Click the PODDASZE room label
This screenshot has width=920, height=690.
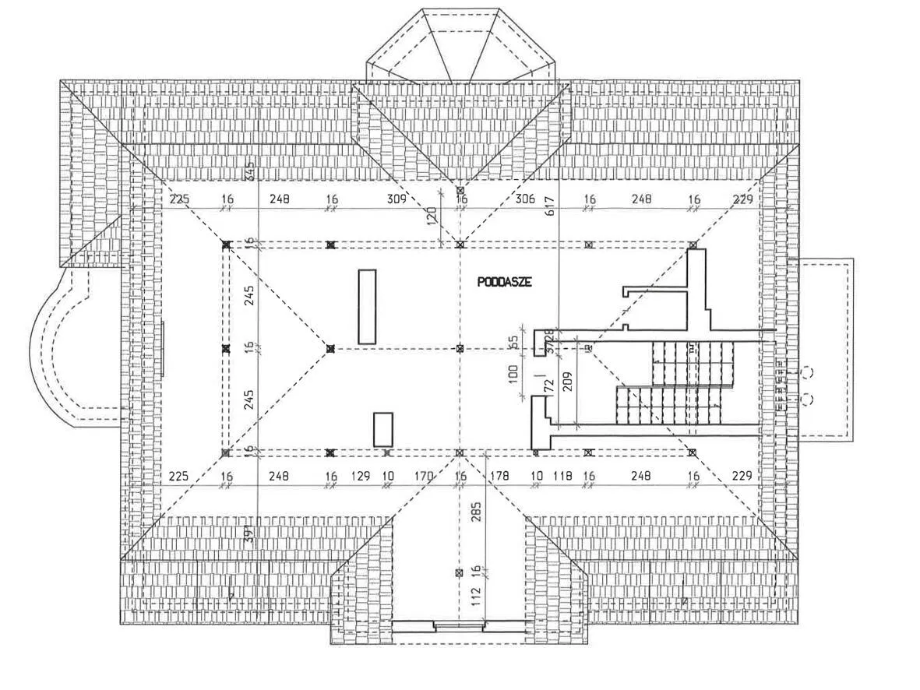(504, 283)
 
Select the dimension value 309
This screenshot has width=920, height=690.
(397, 199)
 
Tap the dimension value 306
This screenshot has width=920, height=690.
(526, 199)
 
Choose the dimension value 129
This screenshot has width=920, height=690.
(360, 476)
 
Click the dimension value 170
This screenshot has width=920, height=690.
(423, 476)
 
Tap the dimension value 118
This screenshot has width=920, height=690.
(562, 476)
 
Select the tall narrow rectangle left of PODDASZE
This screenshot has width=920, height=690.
(367, 307)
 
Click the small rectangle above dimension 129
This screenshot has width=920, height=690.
(382, 429)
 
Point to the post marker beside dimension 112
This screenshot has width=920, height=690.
(459, 572)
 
